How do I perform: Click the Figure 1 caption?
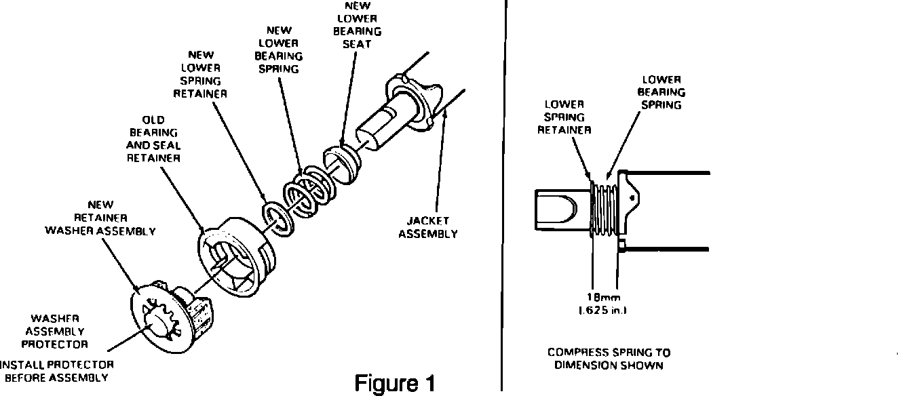pyautogui.click(x=394, y=383)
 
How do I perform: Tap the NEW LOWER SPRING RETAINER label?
pyautogui.click(x=199, y=75)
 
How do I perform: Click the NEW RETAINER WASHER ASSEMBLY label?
pyautogui.click(x=100, y=217)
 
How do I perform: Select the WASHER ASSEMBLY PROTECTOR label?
pyautogui.click(x=55, y=332)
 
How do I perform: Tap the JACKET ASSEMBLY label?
pyautogui.click(x=428, y=227)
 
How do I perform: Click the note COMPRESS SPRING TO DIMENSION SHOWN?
pyautogui.click(x=609, y=359)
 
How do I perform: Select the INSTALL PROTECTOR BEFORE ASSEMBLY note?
pyautogui.click(x=56, y=371)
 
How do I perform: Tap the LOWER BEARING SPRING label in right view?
pyautogui.click(x=662, y=93)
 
